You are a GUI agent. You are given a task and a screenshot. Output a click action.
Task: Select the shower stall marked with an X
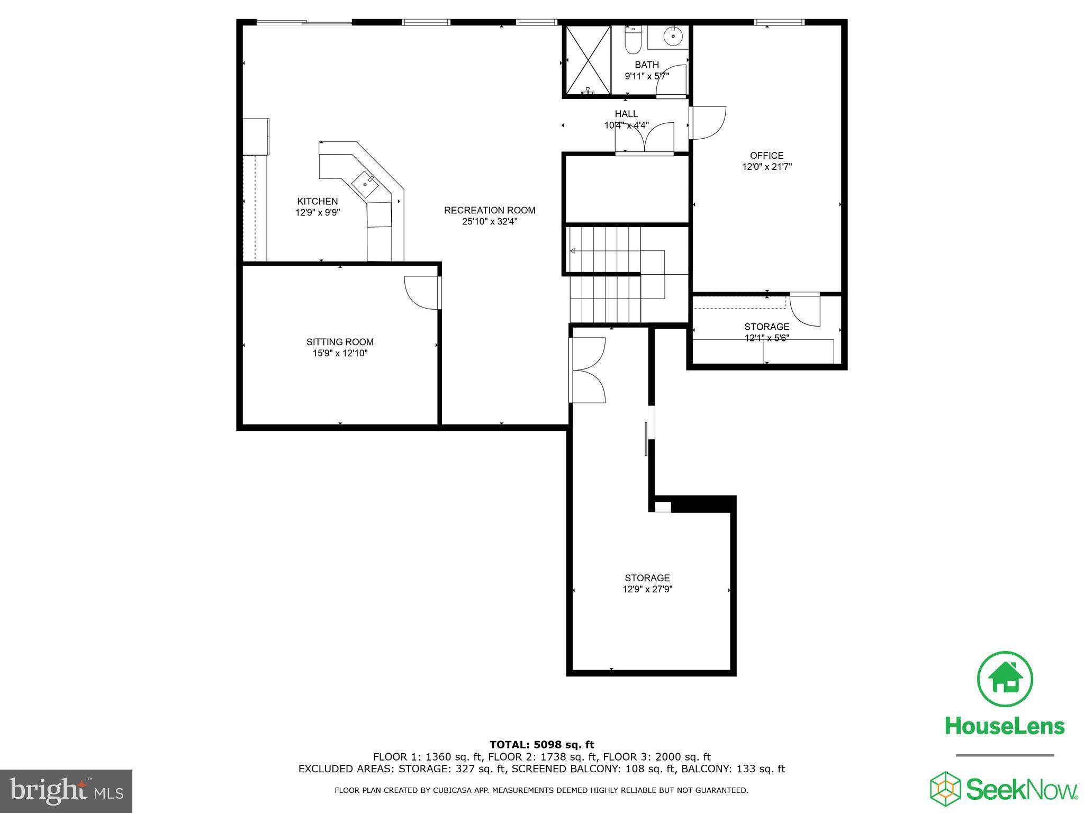tap(587, 60)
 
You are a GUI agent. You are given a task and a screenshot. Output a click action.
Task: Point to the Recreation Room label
tap(490, 210)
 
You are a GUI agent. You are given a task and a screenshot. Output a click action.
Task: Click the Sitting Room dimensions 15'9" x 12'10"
tap(340, 353)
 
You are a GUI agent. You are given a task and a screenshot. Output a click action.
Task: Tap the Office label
tap(766, 155)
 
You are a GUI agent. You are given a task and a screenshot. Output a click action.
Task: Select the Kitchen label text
tap(317, 201)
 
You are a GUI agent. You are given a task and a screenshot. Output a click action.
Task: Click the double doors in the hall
tap(644, 138)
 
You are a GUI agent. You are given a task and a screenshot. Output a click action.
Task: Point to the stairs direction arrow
tap(573, 251)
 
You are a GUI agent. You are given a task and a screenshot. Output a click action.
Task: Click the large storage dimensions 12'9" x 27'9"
tap(647, 589)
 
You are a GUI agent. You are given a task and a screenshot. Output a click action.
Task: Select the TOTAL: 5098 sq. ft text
tap(541, 745)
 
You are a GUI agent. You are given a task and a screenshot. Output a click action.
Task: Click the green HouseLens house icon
tap(1004, 679)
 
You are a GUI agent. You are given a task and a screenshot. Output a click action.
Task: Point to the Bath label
tap(647, 65)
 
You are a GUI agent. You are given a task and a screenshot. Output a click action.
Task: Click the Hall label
tap(626, 114)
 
